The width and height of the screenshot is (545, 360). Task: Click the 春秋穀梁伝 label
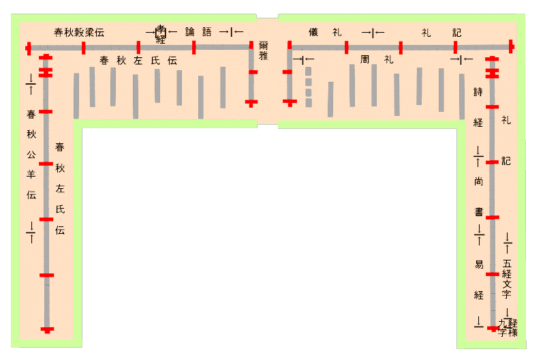[79, 33]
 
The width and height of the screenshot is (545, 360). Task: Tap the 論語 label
[198, 32]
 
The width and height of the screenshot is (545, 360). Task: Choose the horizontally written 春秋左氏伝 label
[138, 61]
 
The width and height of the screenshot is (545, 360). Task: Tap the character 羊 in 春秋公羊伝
[31, 173]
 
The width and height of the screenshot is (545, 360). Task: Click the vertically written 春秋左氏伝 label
[60, 187]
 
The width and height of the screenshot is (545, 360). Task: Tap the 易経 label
[479, 280]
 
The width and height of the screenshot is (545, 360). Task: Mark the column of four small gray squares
[308, 87]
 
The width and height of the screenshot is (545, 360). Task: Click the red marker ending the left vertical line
[47, 330]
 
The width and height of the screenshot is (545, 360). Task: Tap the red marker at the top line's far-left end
[29, 48]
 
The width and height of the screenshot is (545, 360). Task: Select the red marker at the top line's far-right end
[511, 47]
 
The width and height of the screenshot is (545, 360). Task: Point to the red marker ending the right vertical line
[493, 329]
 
